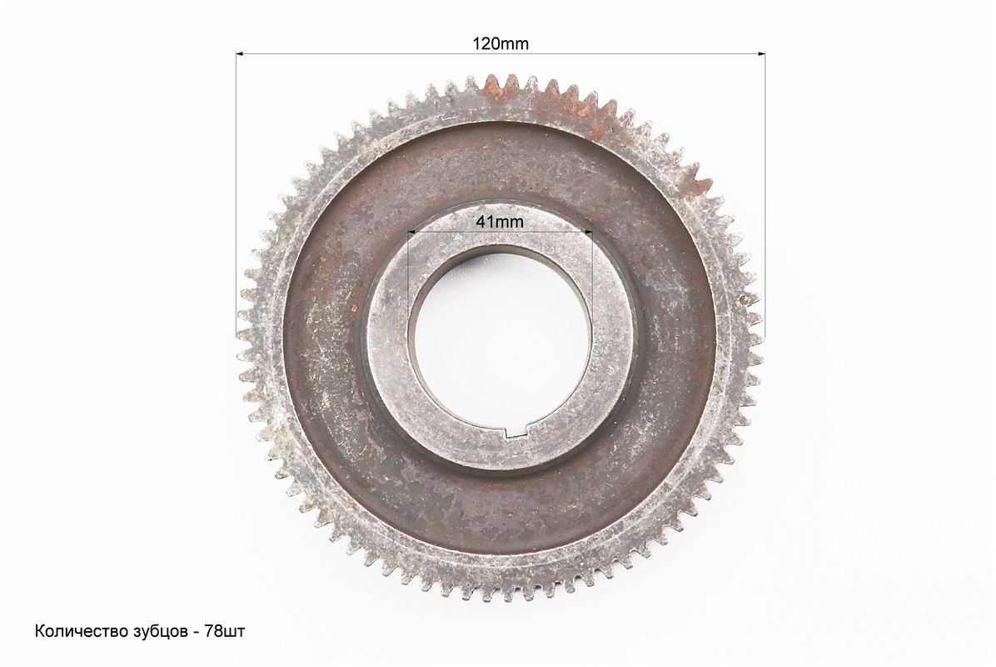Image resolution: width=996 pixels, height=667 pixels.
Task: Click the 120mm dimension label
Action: [500, 43]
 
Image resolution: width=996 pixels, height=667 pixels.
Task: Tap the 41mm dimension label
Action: [500, 222]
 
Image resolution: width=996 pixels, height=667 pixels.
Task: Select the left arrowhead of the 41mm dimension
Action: [411, 233]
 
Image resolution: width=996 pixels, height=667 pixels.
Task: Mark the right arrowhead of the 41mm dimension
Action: [588, 233]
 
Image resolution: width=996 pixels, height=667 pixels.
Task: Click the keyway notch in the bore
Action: [518, 434]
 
